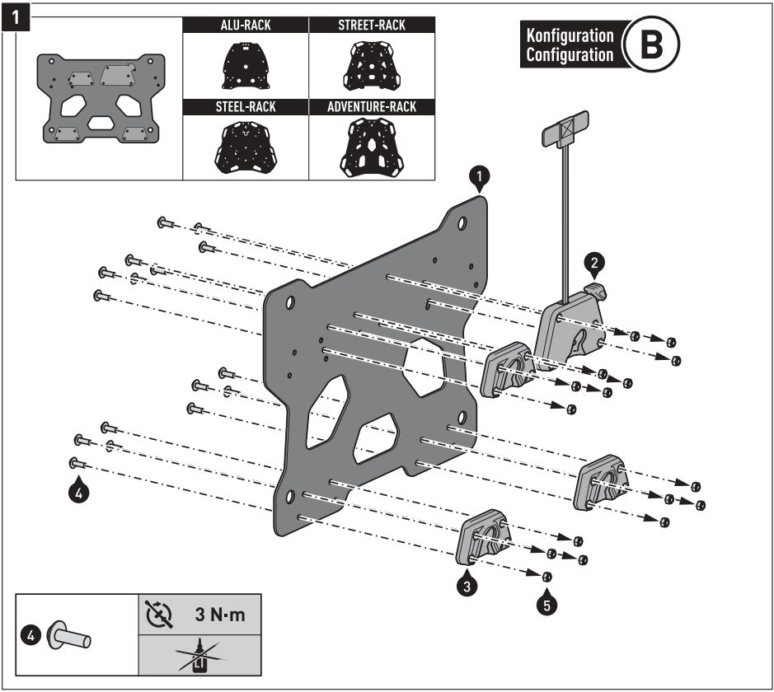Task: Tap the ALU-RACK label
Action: coord(246,26)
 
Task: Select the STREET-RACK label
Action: coord(372,26)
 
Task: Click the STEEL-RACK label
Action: coord(246,107)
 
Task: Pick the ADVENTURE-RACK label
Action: coord(372,107)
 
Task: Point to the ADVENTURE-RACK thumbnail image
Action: coord(372,147)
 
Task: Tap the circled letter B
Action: coord(650,45)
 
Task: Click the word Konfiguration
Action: coord(570,36)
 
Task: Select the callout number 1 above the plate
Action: coord(480,175)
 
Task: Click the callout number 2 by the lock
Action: coord(593,263)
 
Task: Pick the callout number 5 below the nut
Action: coord(546,603)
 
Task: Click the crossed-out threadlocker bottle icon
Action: coord(199,655)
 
